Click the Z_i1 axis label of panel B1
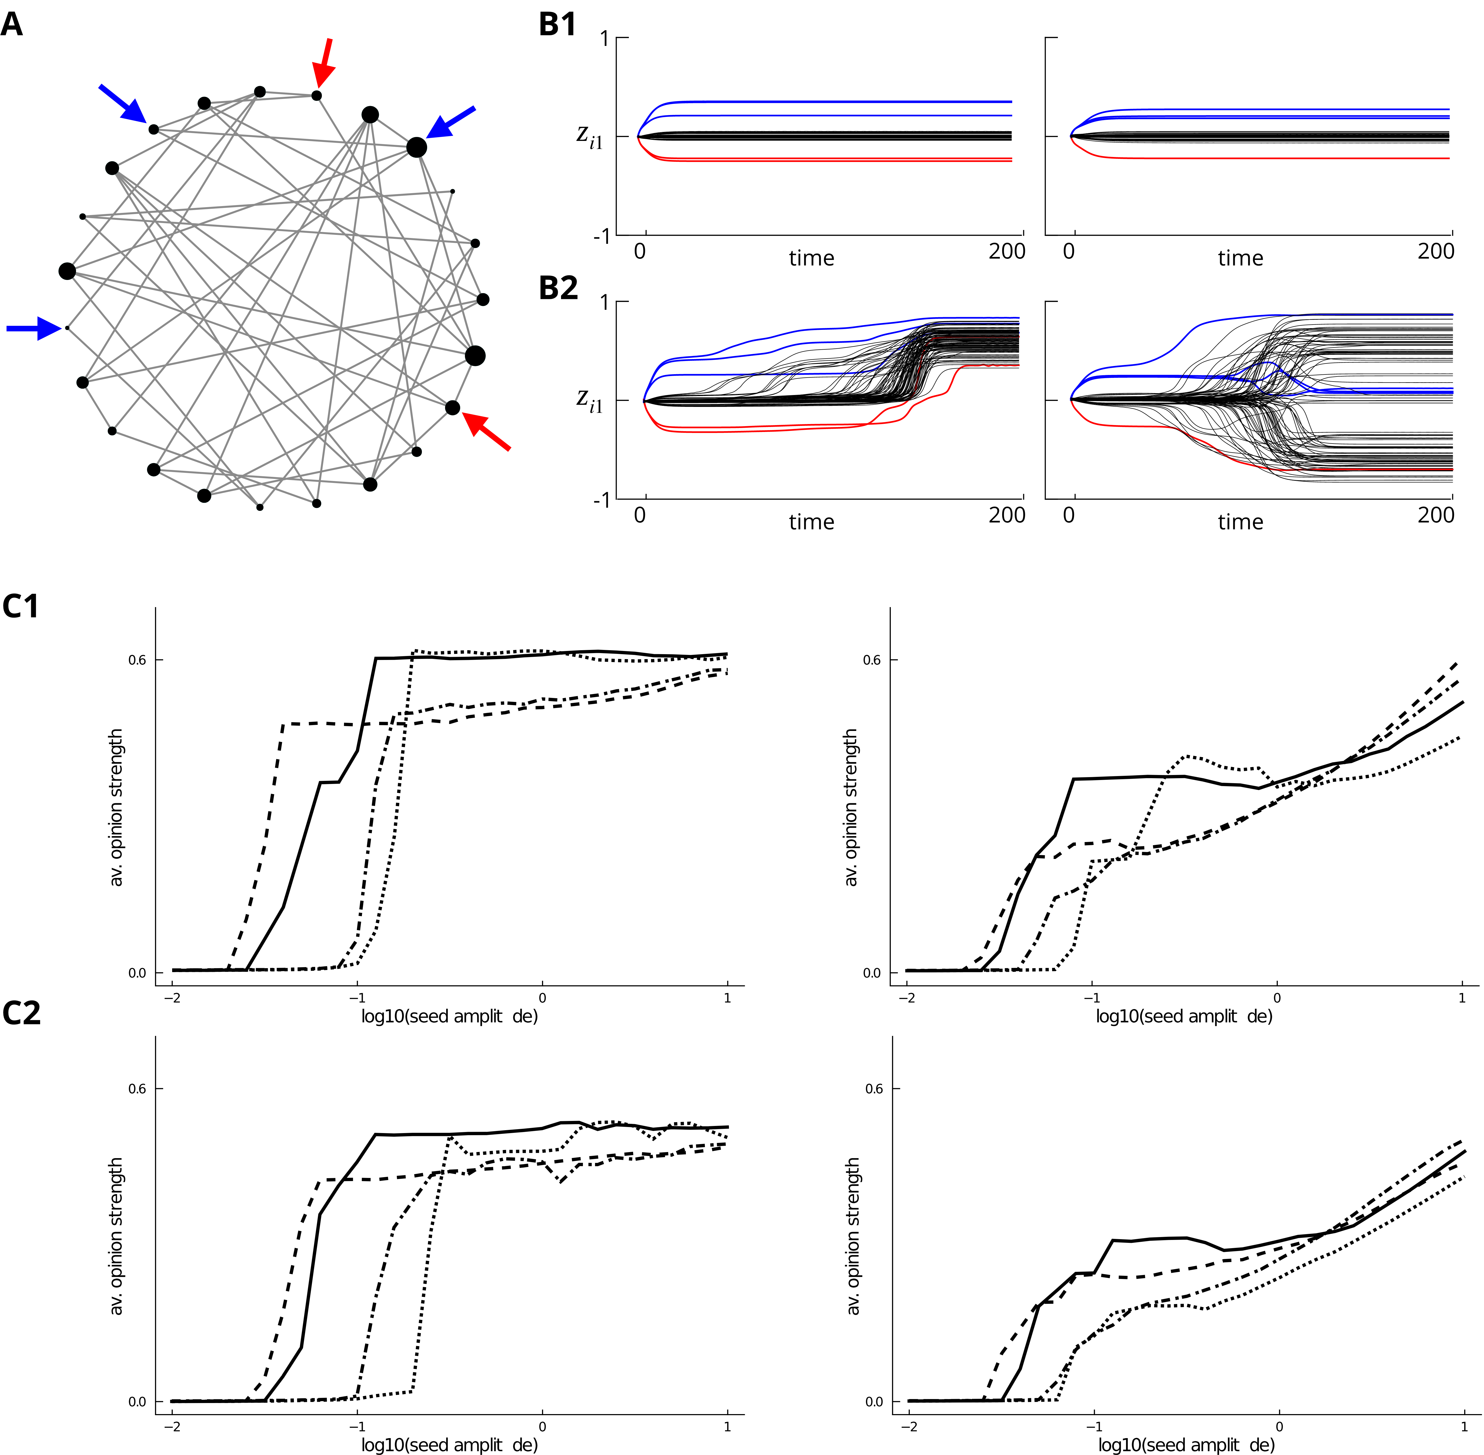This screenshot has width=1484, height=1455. pos(589,137)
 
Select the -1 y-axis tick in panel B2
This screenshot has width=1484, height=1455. pos(602,500)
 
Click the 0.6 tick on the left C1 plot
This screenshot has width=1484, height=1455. pos(137,660)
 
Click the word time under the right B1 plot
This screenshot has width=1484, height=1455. pos(1240,258)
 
